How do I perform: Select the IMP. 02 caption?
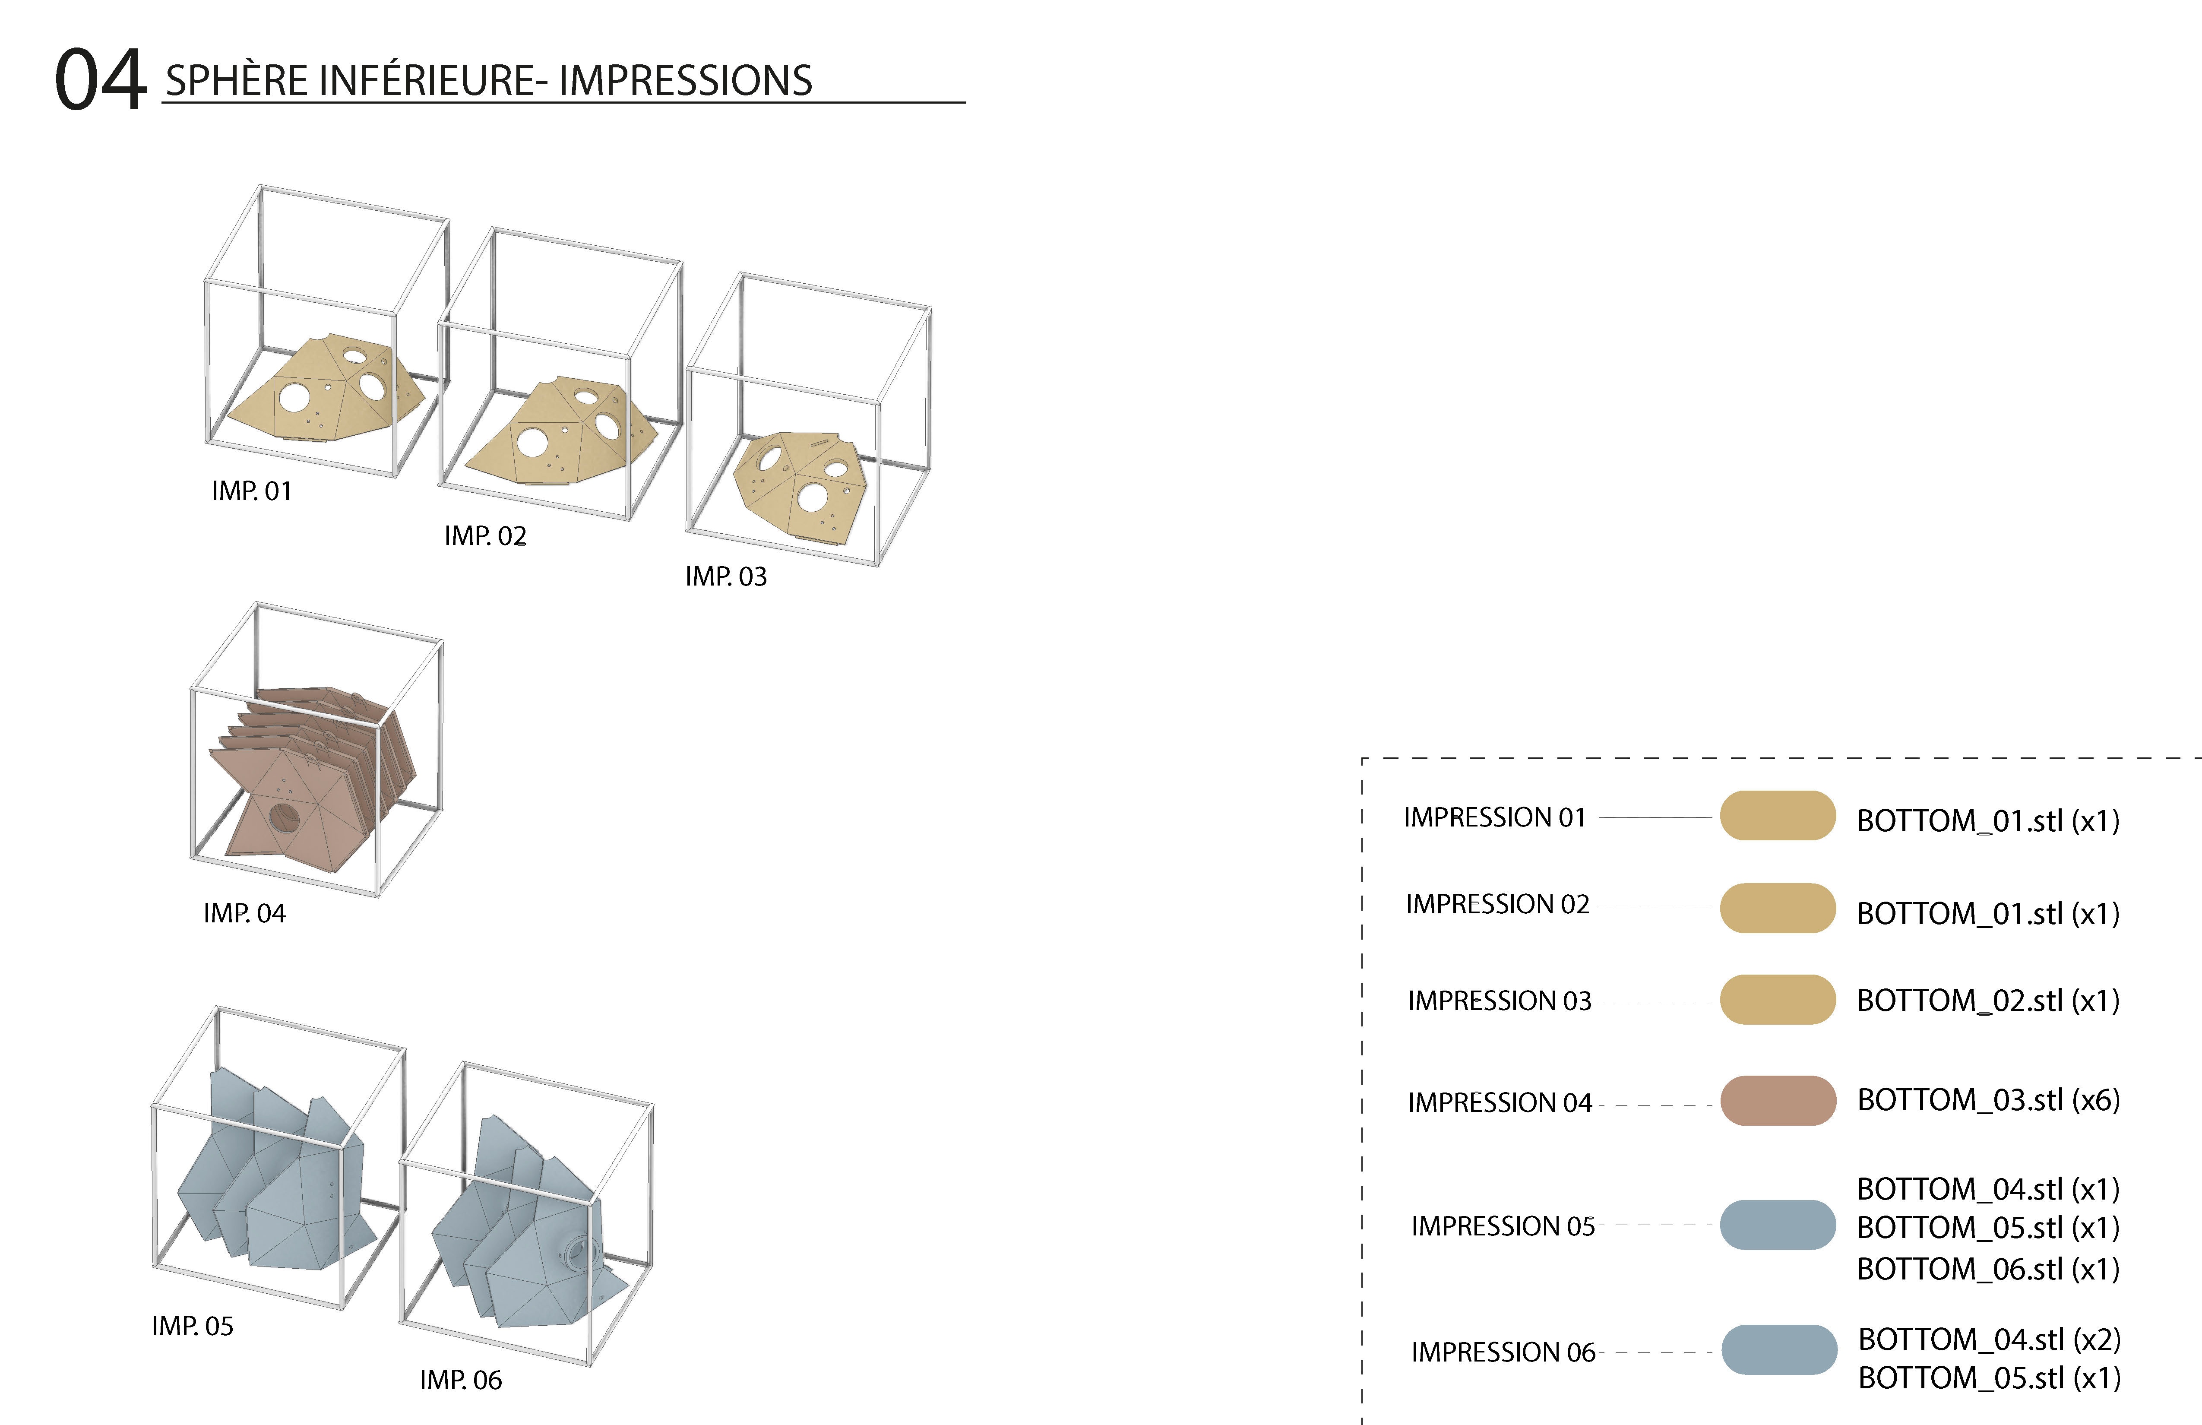coord(485,536)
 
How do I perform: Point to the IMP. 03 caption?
coord(726,576)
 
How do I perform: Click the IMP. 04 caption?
coord(244,913)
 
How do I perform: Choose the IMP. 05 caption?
coord(193,1326)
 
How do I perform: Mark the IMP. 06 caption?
coord(461,1380)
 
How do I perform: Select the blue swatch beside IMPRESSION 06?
coord(1778,1350)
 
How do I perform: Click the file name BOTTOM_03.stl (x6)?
coord(1987,1100)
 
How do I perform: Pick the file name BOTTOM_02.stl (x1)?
coord(1987,1000)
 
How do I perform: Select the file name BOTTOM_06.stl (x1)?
coord(1987,1269)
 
